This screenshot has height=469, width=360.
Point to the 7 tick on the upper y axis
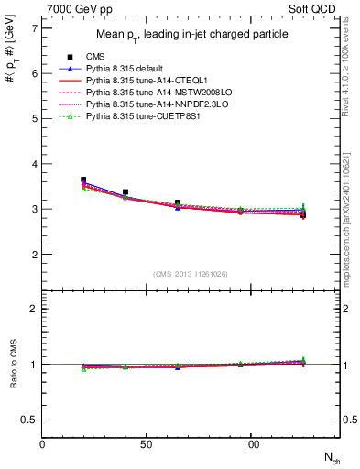pyautogui.click(x=34, y=28)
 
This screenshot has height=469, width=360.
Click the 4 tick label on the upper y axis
pyautogui.click(x=34, y=164)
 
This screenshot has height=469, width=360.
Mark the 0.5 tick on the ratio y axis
pyautogui.click(x=29, y=420)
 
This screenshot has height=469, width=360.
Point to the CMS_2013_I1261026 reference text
pyautogui.click(x=191, y=274)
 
